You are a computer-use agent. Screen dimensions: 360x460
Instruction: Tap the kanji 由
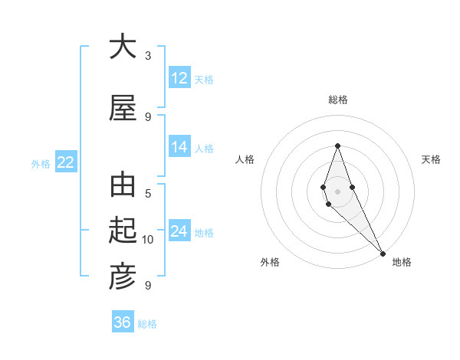click(123, 186)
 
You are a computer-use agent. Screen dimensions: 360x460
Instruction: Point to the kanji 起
click(123, 231)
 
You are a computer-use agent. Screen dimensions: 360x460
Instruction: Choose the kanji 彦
click(123, 277)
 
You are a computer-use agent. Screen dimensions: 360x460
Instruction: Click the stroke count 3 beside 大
click(148, 56)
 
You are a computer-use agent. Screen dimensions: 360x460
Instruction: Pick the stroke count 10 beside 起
click(148, 240)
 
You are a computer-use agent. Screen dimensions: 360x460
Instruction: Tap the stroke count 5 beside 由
click(148, 194)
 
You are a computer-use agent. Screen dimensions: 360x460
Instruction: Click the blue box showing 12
click(179, 77)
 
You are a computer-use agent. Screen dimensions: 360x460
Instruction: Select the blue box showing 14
click(179, 147)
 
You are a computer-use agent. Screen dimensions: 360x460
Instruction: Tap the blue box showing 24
click(179, 231)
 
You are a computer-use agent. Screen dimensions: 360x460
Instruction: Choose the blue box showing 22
click(65, 162)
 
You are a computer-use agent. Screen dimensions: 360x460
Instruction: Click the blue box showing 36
click(123, 322)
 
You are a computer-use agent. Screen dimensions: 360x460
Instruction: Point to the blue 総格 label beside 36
click(147, 324)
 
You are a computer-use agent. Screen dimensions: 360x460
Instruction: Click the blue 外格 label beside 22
click(41, 163)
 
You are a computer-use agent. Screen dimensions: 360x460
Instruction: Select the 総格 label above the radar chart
click(337, 100)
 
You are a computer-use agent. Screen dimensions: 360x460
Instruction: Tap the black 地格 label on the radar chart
click(402, 262)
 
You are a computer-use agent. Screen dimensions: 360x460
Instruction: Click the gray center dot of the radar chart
click(337, 191)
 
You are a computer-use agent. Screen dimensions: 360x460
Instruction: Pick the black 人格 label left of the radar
click(245, 159)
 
